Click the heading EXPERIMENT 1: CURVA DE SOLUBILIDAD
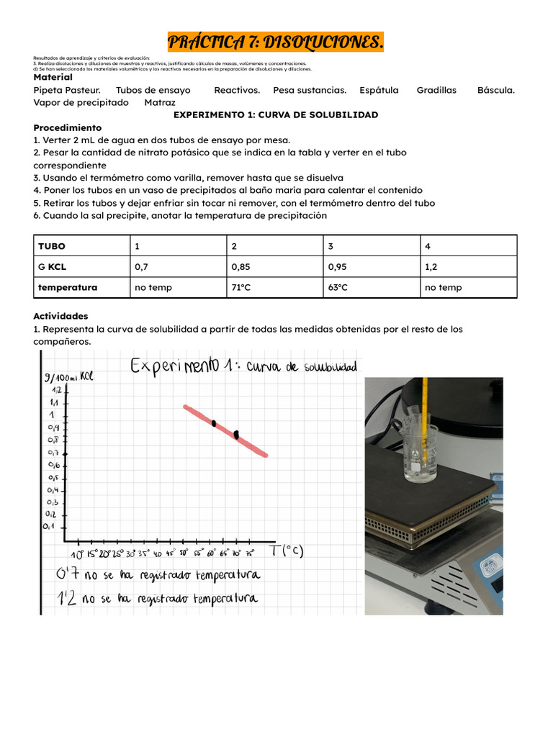[276, 114]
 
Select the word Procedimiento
[68, 127]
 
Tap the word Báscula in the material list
[496, 90]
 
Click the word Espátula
[379, 90]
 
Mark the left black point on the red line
[214, 423]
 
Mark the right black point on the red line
[236, 434]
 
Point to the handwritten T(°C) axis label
[287, 551]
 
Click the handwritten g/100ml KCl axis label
[69, 376]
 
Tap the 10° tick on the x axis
[77, 554]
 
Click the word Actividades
[60, 316]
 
